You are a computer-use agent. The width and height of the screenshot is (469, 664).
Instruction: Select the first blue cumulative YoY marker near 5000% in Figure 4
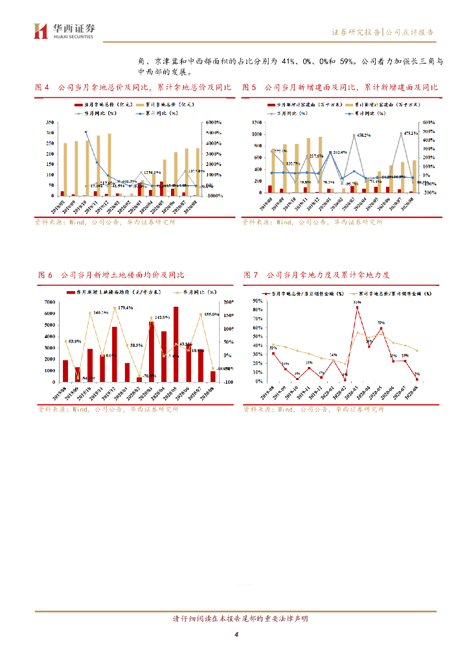pos(86,132)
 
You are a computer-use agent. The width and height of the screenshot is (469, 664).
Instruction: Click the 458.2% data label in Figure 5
pos(361,136)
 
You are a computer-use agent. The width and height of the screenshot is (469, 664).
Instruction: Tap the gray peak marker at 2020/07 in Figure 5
pos(403,134)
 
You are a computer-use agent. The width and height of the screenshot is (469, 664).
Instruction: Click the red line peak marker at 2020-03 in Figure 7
pos(357,307)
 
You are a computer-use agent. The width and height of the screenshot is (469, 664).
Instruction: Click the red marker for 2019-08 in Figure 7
pos(273,353)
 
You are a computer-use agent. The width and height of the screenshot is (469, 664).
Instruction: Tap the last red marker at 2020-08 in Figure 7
pos(417,379)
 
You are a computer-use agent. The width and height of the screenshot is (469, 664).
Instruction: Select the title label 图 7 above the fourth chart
pos(251,275)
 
